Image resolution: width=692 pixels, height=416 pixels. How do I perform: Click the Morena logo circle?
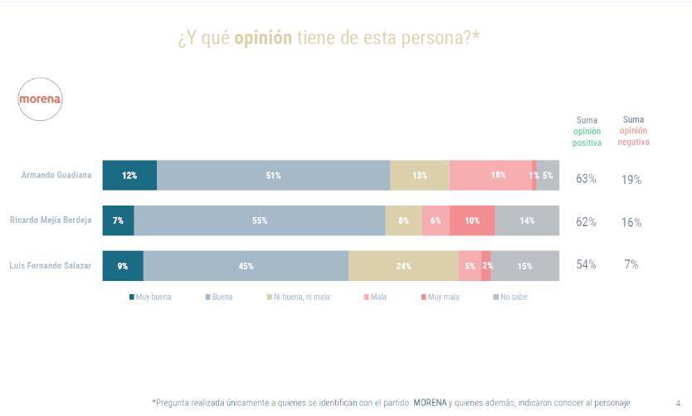click(x=41, y=99)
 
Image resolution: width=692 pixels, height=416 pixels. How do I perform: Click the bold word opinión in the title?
click(x=263, y=39)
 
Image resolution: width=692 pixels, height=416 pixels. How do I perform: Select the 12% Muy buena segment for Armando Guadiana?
click(x=129, y=176)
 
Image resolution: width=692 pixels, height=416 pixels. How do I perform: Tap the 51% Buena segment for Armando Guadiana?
click(x=273, y=176)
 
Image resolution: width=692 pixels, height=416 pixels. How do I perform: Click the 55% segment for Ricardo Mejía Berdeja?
click(x=260, y=220)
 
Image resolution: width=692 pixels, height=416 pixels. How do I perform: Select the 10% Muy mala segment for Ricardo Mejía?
click(x=472, y=220)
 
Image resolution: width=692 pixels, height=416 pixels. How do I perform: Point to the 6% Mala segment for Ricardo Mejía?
click(x=436, y=220)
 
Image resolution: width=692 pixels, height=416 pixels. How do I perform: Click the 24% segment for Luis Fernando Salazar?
click(x=403, y=266)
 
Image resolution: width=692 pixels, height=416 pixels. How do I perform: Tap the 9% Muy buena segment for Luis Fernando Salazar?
click(x=123, y=266)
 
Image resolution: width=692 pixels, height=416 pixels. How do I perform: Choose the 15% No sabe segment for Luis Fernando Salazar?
click(x=525, y=266)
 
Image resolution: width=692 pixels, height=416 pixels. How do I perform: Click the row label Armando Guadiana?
click(x=56, y=176)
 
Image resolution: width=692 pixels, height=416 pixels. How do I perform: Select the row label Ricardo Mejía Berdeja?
click(x=50, y=220)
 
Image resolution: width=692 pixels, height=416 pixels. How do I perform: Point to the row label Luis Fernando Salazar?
click(x=50, y=266)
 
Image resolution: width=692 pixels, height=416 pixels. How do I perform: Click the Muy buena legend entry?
click(x=150, y=297)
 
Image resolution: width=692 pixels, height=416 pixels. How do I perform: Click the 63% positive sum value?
click(x=586, y=178)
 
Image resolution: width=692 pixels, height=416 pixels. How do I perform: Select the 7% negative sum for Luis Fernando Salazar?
click(x=631, y=264)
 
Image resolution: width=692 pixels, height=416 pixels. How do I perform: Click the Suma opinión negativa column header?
click(x=632, y=131)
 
